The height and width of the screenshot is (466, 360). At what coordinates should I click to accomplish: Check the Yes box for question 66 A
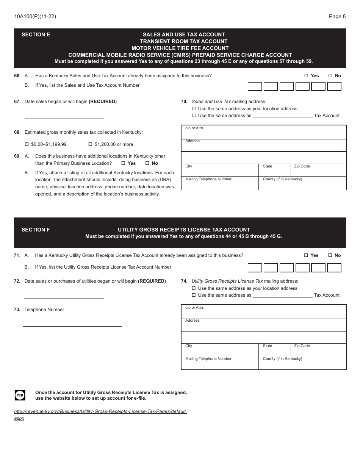coord(307,76)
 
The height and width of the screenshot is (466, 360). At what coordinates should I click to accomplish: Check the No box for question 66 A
coord(330,76)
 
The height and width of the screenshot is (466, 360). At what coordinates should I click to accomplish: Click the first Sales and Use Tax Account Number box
coord(255,87)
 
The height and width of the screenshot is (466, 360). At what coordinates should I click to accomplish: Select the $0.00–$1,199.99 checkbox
coord(27,144)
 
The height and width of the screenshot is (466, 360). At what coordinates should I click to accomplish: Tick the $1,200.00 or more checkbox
coord(90,144)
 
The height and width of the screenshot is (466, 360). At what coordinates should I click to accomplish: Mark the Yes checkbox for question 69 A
coord(123,163)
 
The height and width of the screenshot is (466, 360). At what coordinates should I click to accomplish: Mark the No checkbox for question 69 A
coord(147,163)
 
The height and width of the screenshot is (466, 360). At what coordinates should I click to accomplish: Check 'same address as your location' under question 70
coord(194,109)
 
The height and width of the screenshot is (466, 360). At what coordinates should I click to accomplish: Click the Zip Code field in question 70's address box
coord(318,170)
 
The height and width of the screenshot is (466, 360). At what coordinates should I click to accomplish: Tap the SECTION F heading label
coord(36,230)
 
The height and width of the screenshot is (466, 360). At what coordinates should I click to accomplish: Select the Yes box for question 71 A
coord(307,255)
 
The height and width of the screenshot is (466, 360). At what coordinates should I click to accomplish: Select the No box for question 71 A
coord(330,255)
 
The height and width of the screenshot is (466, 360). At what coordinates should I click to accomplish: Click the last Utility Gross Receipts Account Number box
coord(334,268)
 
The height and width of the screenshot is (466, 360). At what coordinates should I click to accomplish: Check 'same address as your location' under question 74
coord(194,288)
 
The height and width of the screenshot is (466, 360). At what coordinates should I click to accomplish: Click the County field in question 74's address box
coord(302,364)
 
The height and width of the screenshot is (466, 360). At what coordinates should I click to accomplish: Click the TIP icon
coord(20,396)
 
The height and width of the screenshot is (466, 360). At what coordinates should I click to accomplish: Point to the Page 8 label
coord(337,16)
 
